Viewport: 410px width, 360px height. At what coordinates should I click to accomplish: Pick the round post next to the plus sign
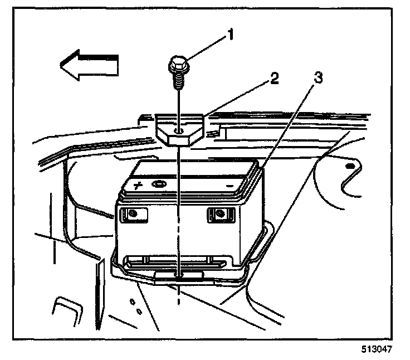point(160,184)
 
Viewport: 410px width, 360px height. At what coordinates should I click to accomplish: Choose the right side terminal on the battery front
point(221,213)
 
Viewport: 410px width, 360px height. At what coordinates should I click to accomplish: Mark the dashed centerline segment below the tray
point(178,295)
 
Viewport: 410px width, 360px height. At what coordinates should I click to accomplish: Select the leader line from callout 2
point(234,101)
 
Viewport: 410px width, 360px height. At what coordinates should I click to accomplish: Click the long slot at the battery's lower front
point(173,260)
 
